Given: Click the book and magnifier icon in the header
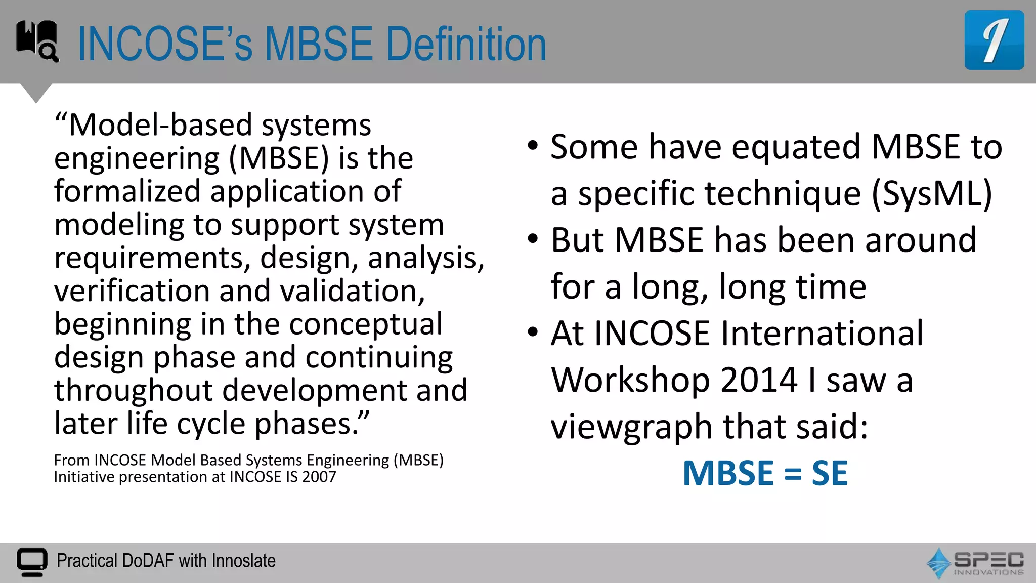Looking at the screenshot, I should pos(37,40).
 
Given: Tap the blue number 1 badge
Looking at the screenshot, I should pos(994,40).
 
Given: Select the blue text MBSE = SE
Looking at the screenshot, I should pos(765,473).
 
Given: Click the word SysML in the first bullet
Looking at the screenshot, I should pos(932,194).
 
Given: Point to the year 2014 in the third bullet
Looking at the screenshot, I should pos(759,380).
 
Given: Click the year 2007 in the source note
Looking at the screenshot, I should pos(319,477).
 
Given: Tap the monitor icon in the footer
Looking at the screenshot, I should pos(32,562).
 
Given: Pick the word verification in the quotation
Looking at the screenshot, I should pos(132,291).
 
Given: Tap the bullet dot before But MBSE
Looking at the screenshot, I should pos(532,239).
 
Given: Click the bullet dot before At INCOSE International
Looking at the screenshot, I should pos(532,332).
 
